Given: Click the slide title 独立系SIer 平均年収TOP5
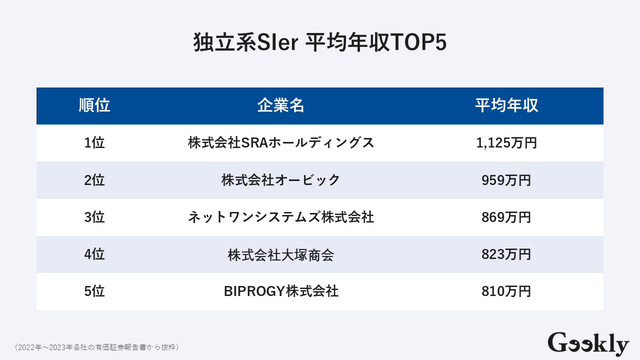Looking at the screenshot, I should coord(320,43).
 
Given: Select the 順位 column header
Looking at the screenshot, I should coord(94,105).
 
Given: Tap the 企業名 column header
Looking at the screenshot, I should coord(281,105).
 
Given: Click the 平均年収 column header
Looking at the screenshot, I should coord(506,105).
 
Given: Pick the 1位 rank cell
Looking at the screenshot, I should coord(94,143).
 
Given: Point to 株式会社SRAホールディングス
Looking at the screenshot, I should coord(281,143).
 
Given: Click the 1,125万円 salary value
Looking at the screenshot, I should coord(506,143).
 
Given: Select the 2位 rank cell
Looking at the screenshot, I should coord(94,180).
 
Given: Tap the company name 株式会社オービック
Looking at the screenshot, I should coord(281,180).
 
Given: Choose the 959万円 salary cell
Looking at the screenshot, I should coord(506,180).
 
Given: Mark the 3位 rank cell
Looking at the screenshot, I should coord(94,217).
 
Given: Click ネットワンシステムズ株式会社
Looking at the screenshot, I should coord(281,217).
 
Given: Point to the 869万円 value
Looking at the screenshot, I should coord(506,217).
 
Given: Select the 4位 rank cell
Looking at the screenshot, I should coord(94,254).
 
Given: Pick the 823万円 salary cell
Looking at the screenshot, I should coord(506,254).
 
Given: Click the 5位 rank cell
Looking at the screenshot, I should coord(94,291).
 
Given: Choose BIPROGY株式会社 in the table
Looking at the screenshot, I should coord(281,291).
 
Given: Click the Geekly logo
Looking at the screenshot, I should coord(588,343).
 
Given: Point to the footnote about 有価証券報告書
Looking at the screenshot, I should coord(96,346).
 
